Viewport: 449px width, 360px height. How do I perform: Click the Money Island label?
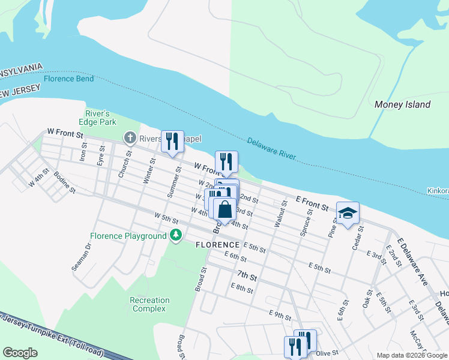click(402, 104)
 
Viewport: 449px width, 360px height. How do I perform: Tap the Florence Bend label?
click(68, 79)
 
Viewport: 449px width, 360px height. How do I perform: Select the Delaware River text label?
click(271, 148)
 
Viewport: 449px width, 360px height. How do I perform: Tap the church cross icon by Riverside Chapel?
click(129, 138)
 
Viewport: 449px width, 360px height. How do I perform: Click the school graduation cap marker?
click(348, 214)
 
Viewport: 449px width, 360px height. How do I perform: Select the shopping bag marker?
click(224, 210)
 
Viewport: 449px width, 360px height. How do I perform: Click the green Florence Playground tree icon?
click(176, 236)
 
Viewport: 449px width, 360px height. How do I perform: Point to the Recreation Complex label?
click(149, 304)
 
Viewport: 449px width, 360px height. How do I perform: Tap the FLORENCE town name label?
click(218, 245)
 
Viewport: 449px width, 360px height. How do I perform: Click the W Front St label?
click(64, 132)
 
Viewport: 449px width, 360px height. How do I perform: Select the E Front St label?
click(312, 203)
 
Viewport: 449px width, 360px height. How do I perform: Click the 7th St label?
click(246, 277)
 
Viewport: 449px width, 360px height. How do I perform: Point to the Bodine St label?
click(64, 183)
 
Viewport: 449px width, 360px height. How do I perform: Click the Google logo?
click(20, 352)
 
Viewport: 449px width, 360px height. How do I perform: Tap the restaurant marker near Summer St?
click(172, 142)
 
